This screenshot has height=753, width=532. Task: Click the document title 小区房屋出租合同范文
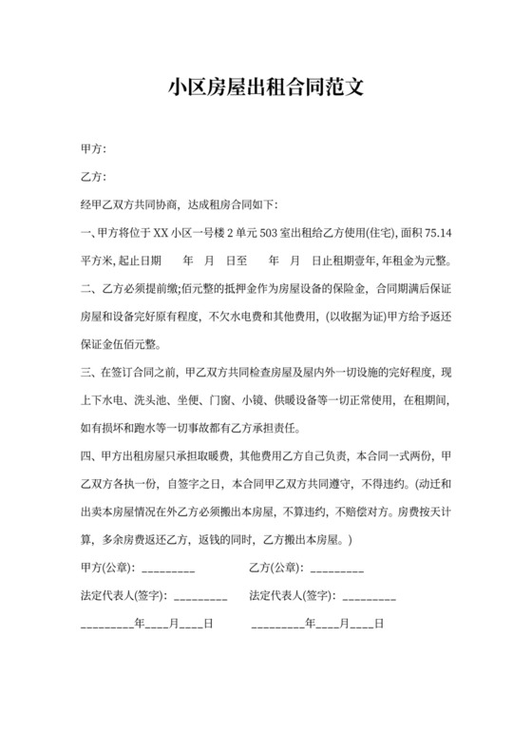point(266,89)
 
